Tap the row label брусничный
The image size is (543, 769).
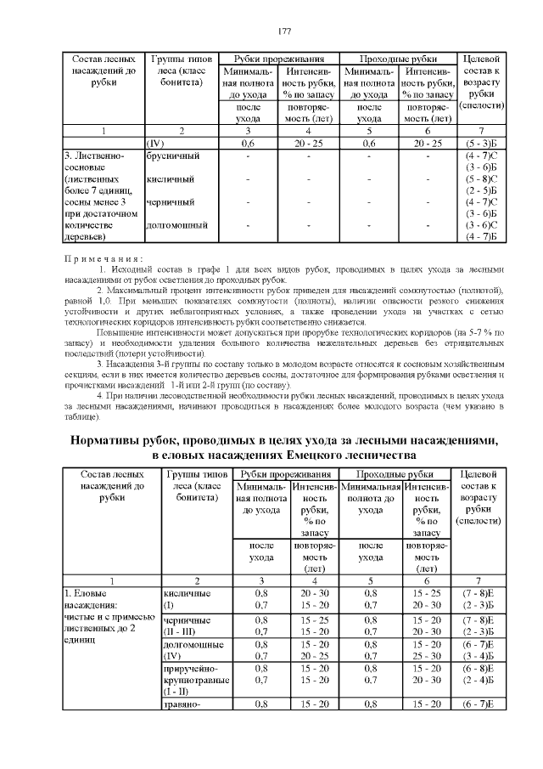pos(172,156)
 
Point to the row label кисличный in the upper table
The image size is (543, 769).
pos(170,179)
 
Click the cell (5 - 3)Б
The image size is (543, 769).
pos(481,144)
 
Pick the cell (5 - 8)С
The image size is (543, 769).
pos(481,179)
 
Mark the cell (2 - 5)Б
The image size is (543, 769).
pos(481,190)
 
